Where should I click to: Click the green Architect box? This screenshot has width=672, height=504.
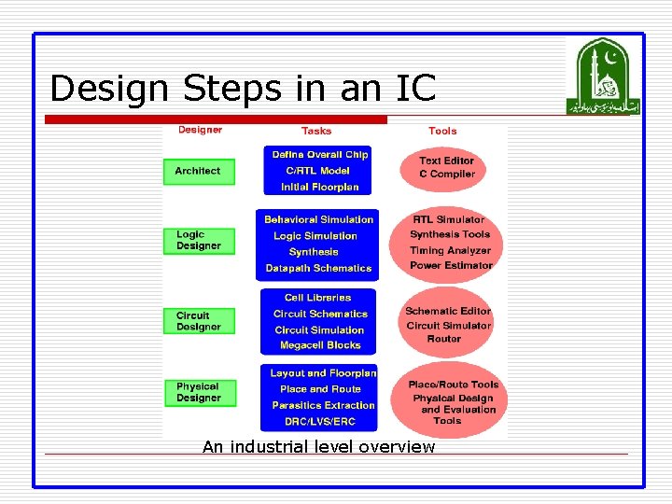pos(199,171)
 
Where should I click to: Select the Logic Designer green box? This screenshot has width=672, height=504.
pos(199,241)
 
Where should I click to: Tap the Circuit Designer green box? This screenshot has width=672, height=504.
pos(199,321)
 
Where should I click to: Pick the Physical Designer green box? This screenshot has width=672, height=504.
pos(199,392)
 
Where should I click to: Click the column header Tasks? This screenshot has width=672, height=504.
pos(316,132)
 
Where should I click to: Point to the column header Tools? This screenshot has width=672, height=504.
pos(442,132)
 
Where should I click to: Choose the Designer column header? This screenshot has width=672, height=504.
pos(201,130)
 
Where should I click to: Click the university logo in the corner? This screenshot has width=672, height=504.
pos(603,77)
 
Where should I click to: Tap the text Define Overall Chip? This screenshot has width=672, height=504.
pos(320,155)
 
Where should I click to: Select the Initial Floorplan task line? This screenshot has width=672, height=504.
pos(320,187)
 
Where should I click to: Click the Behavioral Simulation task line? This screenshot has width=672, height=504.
pos(318,219)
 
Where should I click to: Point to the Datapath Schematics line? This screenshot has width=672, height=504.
pos(318,268)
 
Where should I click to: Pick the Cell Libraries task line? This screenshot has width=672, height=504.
pos(318,298)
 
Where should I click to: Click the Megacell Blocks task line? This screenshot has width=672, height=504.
pos(318,345)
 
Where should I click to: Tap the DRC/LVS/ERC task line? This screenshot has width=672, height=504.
pos(318,421)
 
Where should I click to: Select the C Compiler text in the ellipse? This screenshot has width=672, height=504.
pos(447,175)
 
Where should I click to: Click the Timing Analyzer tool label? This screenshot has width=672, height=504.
pos(451,250)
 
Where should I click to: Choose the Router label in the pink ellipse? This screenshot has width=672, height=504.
pos(443,339)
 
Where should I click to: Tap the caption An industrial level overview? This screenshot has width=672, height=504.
pos(318,447)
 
